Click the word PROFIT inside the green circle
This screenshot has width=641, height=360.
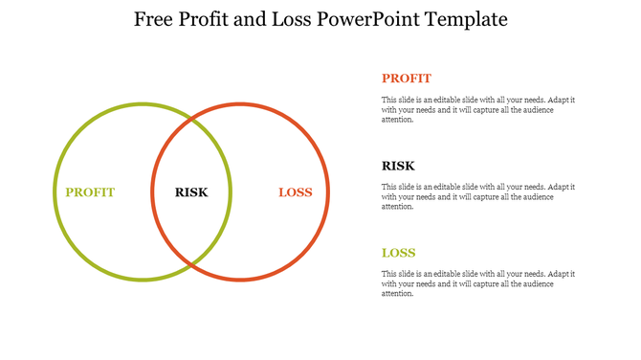[90, 192]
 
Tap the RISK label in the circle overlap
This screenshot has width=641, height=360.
[191, 192]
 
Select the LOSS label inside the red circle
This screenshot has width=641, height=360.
[296, 192]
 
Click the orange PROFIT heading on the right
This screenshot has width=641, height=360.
[406, 79]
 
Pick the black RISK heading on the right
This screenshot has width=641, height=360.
[398, 166]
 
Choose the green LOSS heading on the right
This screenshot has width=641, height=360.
[398, 253]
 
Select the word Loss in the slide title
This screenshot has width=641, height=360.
[292, 19]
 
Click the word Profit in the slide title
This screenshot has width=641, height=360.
[208, 19]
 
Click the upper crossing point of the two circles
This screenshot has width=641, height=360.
[191, 120]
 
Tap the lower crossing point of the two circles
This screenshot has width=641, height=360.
[191, 263]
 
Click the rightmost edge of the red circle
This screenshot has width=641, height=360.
[327, 191]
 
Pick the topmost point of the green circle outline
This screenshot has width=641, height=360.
[143, 103]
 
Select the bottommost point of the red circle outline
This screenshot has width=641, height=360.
[239, 280]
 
